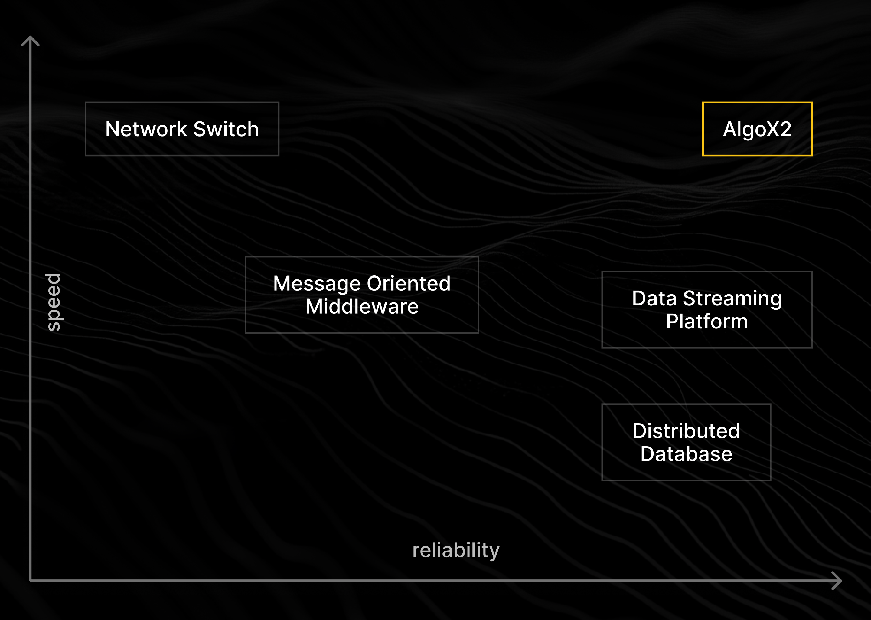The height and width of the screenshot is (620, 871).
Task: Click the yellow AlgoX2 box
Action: click(x=757, y=129)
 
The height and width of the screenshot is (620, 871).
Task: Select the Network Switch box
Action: click(x=182, y=129)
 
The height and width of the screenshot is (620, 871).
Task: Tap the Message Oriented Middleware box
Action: click(x=361, y=295)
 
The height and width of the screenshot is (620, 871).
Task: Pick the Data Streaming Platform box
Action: click(x=707, y=310)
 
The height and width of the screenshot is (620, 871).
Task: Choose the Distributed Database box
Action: click(x=686, y=442)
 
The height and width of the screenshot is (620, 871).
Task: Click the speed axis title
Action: click(x=54, y=302)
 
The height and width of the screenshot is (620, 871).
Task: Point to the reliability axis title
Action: click(x=456, y=550)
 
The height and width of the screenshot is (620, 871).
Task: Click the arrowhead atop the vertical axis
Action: click(x=30, y=40)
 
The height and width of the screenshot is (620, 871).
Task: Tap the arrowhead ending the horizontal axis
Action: click(x=837, y=581)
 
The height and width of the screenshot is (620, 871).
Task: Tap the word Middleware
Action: click(x=361, y=307)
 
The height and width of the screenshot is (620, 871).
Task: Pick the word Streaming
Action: click(x=732, y=298)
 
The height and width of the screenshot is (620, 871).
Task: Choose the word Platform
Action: click(x=707, y=322)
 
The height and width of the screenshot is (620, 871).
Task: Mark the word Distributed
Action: click(x=686, y=431)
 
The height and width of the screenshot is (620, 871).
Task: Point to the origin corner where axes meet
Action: click(x=30, y=581)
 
